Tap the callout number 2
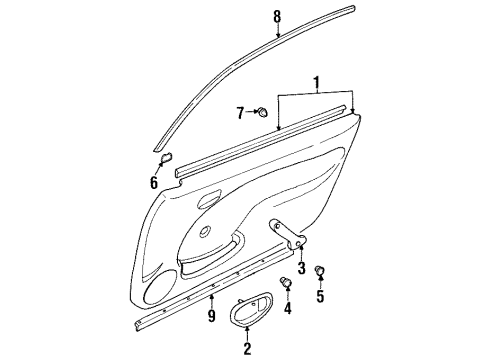tap(246, 348)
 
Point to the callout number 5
tap(321, 296)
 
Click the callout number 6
tap(154, 182)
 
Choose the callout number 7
tap(240, 113)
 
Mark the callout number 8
tap(278, 14)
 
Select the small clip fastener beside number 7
tap(260, 113)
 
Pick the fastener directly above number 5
tap(321, 269)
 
